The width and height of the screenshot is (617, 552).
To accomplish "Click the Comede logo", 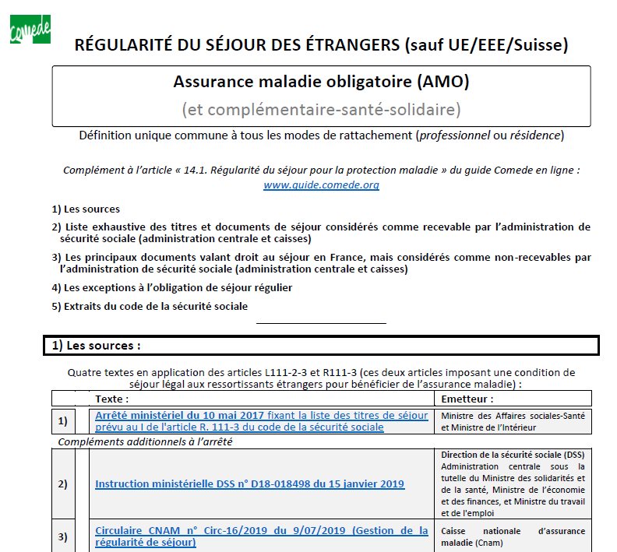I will coord(30,29).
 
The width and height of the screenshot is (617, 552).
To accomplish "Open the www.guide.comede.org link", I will coord(321,185).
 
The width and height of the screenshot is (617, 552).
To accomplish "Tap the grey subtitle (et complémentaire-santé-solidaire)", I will coord(321,109).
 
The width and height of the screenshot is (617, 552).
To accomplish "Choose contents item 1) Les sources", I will coord(86,209).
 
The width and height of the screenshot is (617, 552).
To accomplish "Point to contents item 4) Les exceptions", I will coord(171,287).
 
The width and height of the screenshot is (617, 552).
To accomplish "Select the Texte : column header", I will coord(112,399).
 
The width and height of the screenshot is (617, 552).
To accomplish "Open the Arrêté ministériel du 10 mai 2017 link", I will coord(179,415).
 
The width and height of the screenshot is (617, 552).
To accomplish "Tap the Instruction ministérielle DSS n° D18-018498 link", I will coord(249,483).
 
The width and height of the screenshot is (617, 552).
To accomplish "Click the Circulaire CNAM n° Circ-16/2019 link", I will coord(261,531).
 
